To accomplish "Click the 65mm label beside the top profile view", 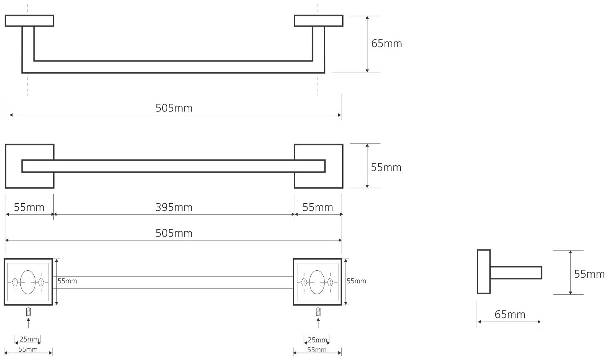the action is click(386, 44).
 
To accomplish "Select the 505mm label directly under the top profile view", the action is click(174, 108).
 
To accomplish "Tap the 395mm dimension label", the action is click(174, 208).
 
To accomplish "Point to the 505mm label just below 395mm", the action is click(174, 233).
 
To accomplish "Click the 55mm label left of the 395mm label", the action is click(29, 208).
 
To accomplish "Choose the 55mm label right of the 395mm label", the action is click(318, 208).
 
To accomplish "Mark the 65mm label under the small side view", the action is click(510, 314).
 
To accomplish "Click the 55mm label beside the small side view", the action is click(589, 274).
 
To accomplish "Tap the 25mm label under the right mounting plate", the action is click(317, 340).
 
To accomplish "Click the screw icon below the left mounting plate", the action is click(28, 312).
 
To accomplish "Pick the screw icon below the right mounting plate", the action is click(318, 312).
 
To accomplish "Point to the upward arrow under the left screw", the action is click(28, 323).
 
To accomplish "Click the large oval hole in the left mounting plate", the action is click(28, 282).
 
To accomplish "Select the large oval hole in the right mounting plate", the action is click(317, 282).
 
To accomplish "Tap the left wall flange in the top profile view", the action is click(30, 21).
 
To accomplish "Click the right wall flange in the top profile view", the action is click(319, 21).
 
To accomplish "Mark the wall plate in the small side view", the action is click(484, 272).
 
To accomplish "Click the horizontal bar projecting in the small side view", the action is click(516, 273).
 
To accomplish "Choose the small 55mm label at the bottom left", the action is click(28, 350).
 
